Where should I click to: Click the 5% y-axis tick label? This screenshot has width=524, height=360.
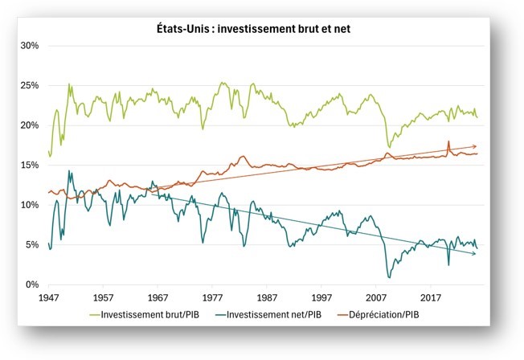(x=31, y=245)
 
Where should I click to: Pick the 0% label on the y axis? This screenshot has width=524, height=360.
(x=31, y=284)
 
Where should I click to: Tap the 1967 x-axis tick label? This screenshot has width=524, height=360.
(x=158, y=297)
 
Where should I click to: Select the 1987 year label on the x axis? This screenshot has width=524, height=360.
(x=267, y=297)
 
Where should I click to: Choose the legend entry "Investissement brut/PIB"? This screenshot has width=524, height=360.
(x=149, y=314)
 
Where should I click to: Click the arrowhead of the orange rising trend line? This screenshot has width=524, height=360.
(x=475, y=146)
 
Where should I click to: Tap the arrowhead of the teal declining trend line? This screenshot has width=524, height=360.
(x=475, y=254)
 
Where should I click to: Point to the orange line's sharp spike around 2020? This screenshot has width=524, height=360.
(x=448, y=141)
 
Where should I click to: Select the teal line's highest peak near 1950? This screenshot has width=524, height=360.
(x=69, y=170)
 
